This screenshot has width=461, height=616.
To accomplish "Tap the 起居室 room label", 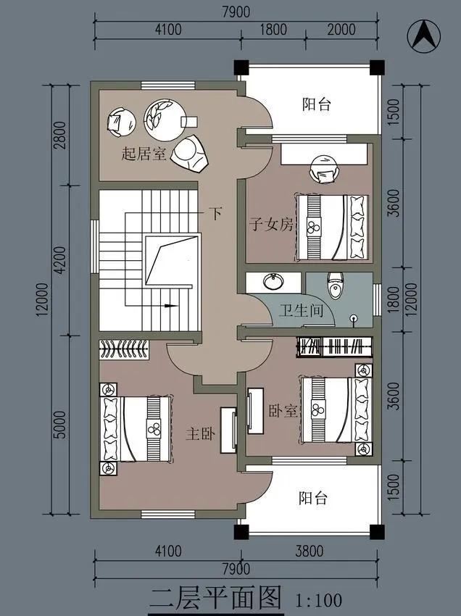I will click(145, 154).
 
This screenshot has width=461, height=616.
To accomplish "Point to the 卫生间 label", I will click(301, 312).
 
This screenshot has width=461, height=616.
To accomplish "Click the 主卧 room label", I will click(202, 434).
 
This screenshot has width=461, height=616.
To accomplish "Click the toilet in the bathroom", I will click(335, 286).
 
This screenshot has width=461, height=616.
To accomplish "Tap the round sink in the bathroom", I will click(274, 281).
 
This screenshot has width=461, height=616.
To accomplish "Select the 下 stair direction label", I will click(215, 213).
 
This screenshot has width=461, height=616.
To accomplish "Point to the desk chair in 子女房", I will click(323, 171).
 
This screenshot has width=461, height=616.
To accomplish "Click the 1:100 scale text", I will click(319, 600).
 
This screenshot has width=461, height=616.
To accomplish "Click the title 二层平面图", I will click(215, 599).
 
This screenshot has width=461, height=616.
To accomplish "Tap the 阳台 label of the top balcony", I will click(316, 104).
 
